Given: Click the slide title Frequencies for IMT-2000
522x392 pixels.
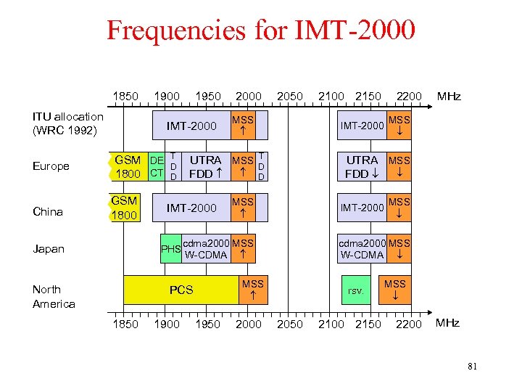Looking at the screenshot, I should click(261, 30).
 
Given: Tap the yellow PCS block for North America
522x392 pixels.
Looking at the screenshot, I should click(181, 290).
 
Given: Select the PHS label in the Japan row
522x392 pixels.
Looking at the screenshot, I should click(170, 249).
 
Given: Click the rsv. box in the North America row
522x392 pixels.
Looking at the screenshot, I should click(356, 290).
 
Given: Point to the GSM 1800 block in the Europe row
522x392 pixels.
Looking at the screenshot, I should click(128, 166).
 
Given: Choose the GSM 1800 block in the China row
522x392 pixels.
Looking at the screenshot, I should click(125, 208).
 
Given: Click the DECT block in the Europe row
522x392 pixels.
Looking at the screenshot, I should click(156, 166).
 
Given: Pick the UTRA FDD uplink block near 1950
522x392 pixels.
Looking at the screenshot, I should click(205, 166).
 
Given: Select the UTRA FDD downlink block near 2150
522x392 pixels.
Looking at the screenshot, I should click(362, 166).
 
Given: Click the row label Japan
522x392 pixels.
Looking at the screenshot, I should click(49, 249).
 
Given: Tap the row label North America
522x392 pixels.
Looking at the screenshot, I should click(54, 296).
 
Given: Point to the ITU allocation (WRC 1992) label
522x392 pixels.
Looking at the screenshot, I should click(68, 123).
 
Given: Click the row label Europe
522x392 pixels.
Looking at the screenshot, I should click(51, 166).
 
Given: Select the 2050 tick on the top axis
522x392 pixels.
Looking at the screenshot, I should click(290, 97).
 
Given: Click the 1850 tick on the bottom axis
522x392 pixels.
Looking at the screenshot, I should click(125, 324).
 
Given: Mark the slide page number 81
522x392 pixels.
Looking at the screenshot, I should click(472, 367).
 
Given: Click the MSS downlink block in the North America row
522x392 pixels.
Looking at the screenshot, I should click(395, 290).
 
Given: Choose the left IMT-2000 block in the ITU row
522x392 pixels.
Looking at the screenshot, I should click(191, 126).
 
